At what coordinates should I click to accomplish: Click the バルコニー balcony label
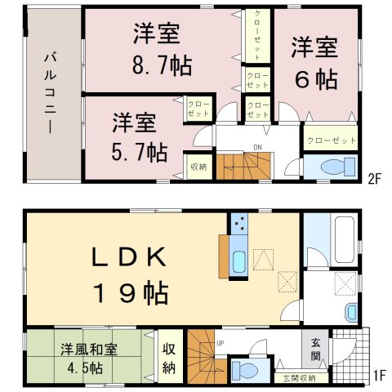(51, 93)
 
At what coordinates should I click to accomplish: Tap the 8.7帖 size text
(163, 65)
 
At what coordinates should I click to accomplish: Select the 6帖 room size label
(316, 80)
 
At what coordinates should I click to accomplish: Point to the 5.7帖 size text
(140, 152)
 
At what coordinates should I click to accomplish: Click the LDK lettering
(129, 257)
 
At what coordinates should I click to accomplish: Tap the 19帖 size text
(131, 292)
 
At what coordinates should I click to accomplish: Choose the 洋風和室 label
(89, 350)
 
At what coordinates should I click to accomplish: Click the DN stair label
(257, 148)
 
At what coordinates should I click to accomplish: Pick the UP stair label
(220, 344)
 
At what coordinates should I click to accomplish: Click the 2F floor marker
(374, 180)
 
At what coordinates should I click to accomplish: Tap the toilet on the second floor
(338, 167)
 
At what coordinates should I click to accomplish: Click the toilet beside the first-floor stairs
(245, 370)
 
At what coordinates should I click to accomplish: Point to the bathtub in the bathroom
(345, 239)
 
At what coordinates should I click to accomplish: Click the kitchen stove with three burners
(239, 224)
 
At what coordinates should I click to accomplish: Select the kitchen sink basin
(239, 262)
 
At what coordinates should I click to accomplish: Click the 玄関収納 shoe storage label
(299, 378)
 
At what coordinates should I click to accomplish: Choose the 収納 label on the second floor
(198, 167)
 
